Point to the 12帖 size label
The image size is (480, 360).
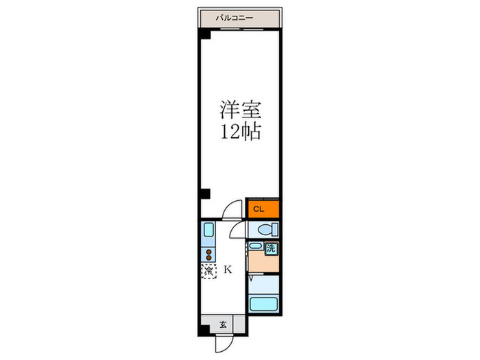point(240,132)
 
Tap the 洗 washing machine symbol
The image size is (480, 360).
point(272,249)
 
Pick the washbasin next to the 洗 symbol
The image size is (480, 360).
point(255,245)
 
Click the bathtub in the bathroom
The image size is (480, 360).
point(264,304)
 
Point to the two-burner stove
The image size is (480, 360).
point(208,253)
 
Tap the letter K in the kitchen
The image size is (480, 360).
point(228,269)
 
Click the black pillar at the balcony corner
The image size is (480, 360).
point(204,35)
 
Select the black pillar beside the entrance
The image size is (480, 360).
point(204,332)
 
